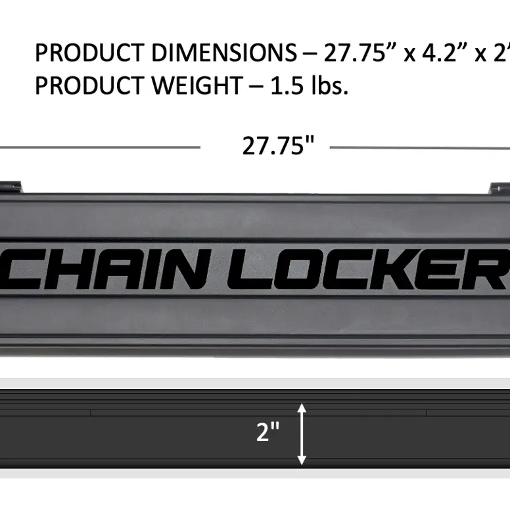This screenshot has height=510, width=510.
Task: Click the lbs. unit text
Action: tap(329, 85)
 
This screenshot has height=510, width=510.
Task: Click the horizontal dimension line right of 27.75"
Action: tap(421, 148)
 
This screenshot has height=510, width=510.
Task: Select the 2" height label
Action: tap(267, 432)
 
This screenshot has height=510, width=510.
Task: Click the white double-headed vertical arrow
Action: tap(302, 434)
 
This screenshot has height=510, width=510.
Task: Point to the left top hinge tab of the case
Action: tap(11, 188)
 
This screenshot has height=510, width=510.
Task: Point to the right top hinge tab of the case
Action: tap(498, 189)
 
